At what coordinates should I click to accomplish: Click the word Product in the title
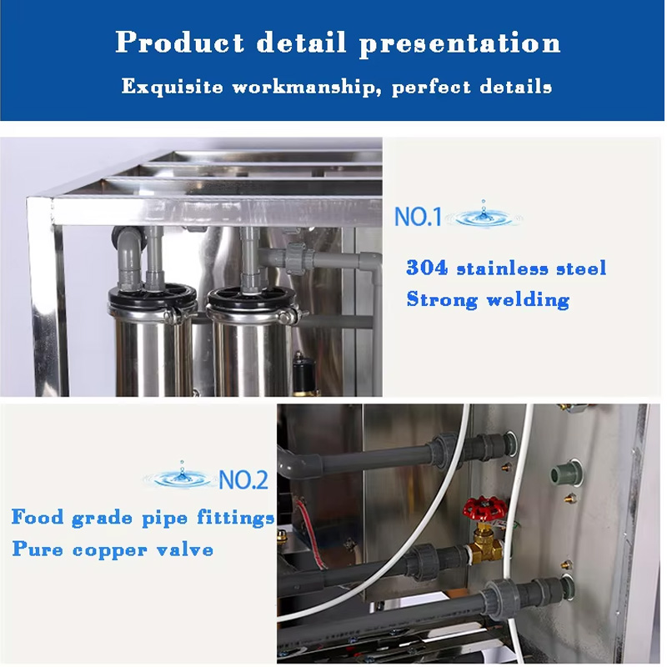[x=180, y=43]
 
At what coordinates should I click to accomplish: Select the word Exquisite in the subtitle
[x=172, y=87]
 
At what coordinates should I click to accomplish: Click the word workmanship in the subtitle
[x=305, y=88]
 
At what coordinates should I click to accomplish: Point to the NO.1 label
[x=419, y=217]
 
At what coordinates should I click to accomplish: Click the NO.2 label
[x=243, y=480]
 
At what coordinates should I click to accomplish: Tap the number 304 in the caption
[x=427, y=268]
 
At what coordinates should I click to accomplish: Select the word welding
[x=528, y=300]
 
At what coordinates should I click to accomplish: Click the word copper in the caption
[x=110, y=550]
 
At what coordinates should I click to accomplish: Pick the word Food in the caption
[x=38, y=517]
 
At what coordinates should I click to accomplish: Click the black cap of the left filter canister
[x=153, y=297]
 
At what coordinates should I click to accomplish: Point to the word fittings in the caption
[x=235, y=518]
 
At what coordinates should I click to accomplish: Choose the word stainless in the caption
[x=502, y=268]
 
